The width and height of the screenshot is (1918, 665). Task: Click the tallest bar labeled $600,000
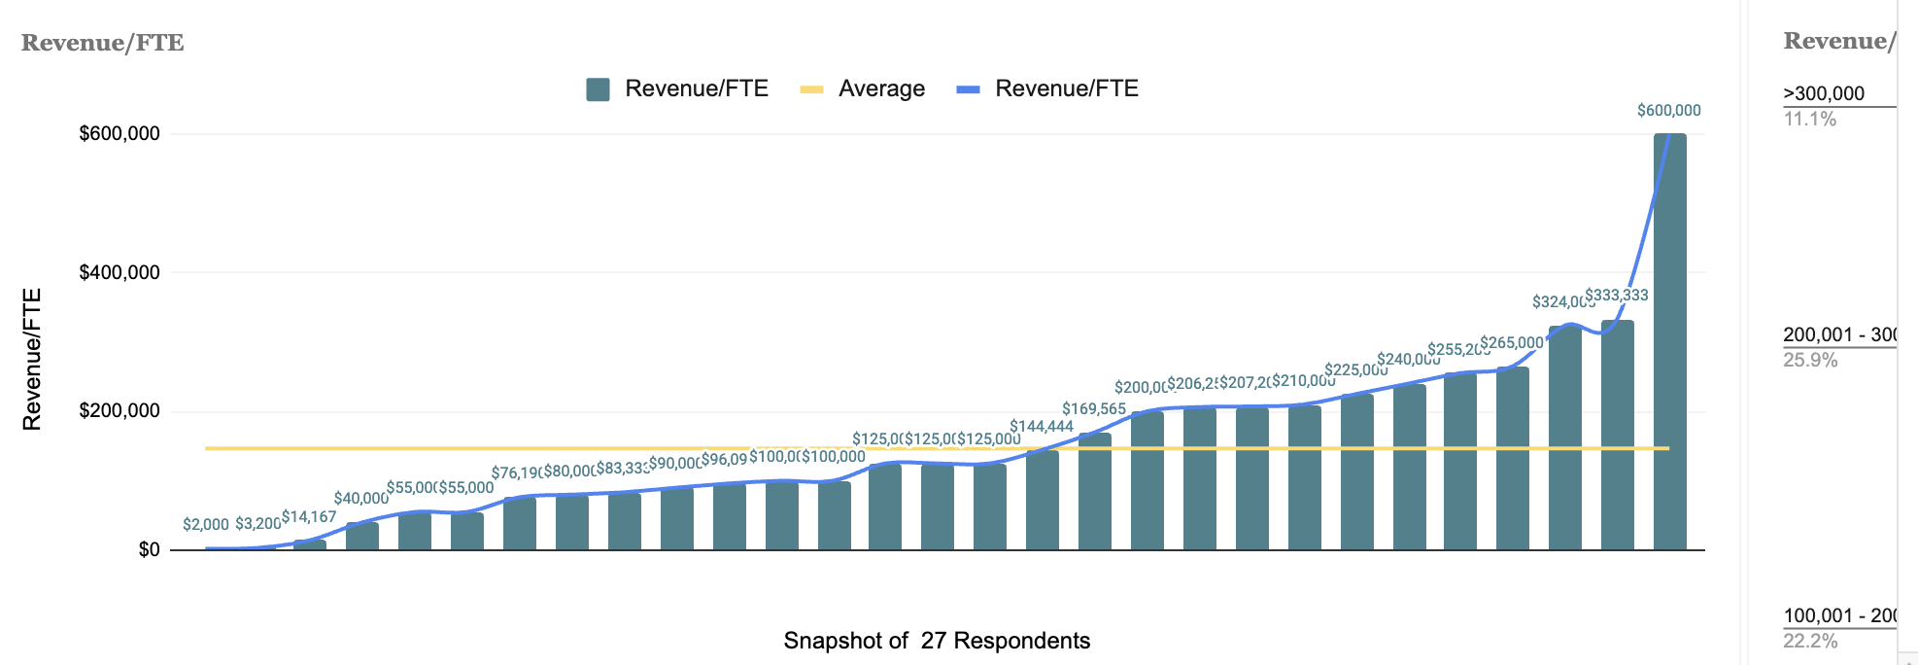pyautogui.click(x=1669, y=340)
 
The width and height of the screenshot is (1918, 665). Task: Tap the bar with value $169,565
pyautogui.click(x=1094, y=491)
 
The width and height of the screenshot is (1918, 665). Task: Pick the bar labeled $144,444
pyautogui.click(x=1042, y=500)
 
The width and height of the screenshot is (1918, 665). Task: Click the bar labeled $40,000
pyautogui.click(x=361, y=536)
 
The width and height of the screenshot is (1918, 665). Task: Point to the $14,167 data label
pyautogui.click(x=309, y=517)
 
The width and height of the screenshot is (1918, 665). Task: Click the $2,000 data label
pyautogui.click(x=206, y=525)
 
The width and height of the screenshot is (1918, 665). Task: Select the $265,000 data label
pyautogui.click(x=1512, y=343)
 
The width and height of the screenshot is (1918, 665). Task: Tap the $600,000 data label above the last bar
pyautogui.click(x=1668, y=111)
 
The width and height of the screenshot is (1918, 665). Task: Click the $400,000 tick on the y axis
pyautogui.click(x=120, y=273)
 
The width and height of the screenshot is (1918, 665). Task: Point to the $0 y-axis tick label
pyautogui.click(x=149, y=550)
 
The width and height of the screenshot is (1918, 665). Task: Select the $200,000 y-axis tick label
pyautogui.click(x=120, y=411)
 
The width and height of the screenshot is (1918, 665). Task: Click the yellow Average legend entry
pyautogui.click(x=862, y=89)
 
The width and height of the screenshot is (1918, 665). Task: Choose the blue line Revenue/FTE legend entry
pyautogui.click(x=1047, y=89)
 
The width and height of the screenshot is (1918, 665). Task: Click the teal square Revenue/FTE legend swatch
pyautogui.click(x=598, y=89)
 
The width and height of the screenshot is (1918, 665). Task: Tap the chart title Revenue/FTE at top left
pyautogui.click(x=102, y=43)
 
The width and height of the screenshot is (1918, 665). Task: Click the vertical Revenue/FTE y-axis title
pyautogui.click(x=32, y=359)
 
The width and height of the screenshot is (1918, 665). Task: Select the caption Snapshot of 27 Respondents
pyautogui.click(x=937, y=641)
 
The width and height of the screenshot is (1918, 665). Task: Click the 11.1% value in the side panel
pyautogui.click(x=1809, y=120)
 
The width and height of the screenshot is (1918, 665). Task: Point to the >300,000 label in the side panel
pyautogui.click(x=1823, y=93)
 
